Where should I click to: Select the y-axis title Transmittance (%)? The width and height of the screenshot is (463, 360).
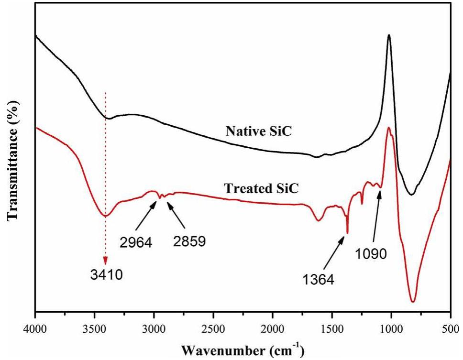coord(13,160)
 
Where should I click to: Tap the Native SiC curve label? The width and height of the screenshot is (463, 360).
coord(259,131)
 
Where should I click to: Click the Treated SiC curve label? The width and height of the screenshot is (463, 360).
coord(261,188)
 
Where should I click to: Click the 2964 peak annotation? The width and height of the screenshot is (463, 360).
coord(136,242)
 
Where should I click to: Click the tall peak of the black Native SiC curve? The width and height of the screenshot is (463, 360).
coord(389,35)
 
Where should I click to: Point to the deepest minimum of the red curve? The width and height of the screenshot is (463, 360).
coord(413,302)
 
